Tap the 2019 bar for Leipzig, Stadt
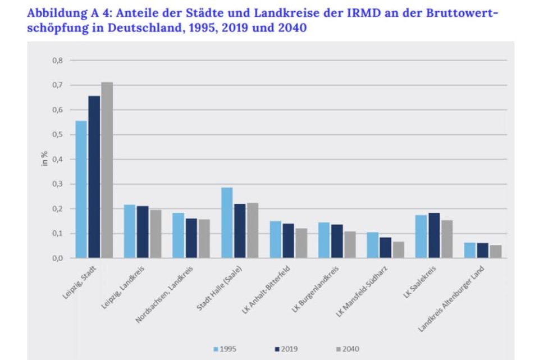click(x=94, y=177)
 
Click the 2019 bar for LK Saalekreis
click(x=434, y=235)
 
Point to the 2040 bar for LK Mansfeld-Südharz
click(x=398, y=250)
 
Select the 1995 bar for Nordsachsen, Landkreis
click(x=178, y=235)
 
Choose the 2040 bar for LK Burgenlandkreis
click(x=349, y=245)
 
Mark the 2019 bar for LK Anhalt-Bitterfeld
click(x=288, y=241)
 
